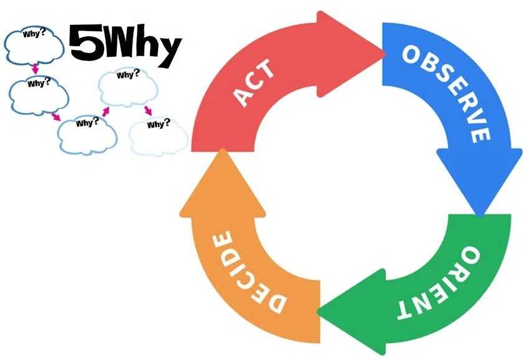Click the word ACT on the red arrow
click(x=254, y=83)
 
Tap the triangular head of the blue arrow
click(x=479, y=181)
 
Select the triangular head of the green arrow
click(x=352, y=312)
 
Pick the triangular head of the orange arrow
click(x=223, y=183)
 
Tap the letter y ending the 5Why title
click(x=168, y=51)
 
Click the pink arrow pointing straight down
click(x=35, y=69)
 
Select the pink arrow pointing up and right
click(x=106, y=111)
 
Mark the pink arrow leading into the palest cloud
click(x=148, y=111)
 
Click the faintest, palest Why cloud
click(x=159, y=136)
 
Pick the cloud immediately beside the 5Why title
click(x=34, y=46)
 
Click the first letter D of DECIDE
click(x=274, y=302)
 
